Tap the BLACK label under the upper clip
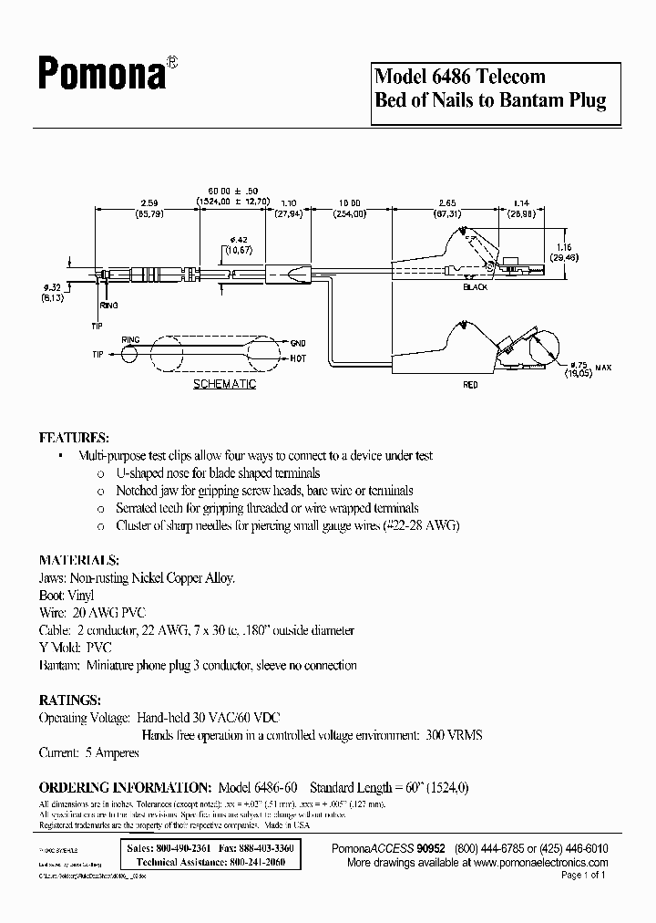476,286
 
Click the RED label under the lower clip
470,385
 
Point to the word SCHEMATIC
224,384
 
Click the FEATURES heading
74,437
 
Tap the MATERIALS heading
78,559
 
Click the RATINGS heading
70,700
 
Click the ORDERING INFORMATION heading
125,787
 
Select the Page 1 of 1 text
582,875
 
